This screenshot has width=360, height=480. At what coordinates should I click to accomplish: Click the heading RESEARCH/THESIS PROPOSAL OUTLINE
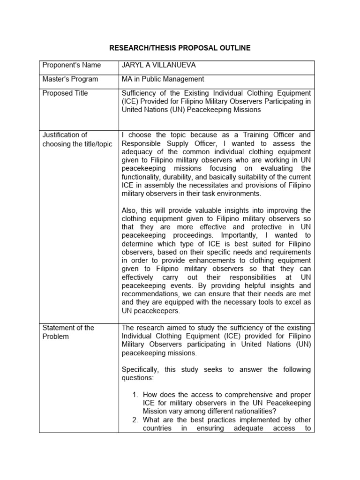point(180,48)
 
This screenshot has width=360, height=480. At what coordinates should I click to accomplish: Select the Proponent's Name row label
point(71,65)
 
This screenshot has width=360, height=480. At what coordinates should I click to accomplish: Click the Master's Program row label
point(70,79)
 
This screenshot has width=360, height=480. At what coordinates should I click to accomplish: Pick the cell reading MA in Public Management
point(163,79)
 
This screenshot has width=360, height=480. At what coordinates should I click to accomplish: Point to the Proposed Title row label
point(65,93)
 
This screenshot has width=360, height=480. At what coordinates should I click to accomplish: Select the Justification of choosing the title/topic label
point(77,139)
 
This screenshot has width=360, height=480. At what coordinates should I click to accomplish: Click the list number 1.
point(136,395)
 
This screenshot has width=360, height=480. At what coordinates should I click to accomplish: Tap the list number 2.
point(136,420)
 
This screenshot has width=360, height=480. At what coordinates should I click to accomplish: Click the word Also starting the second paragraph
point(130,210)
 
